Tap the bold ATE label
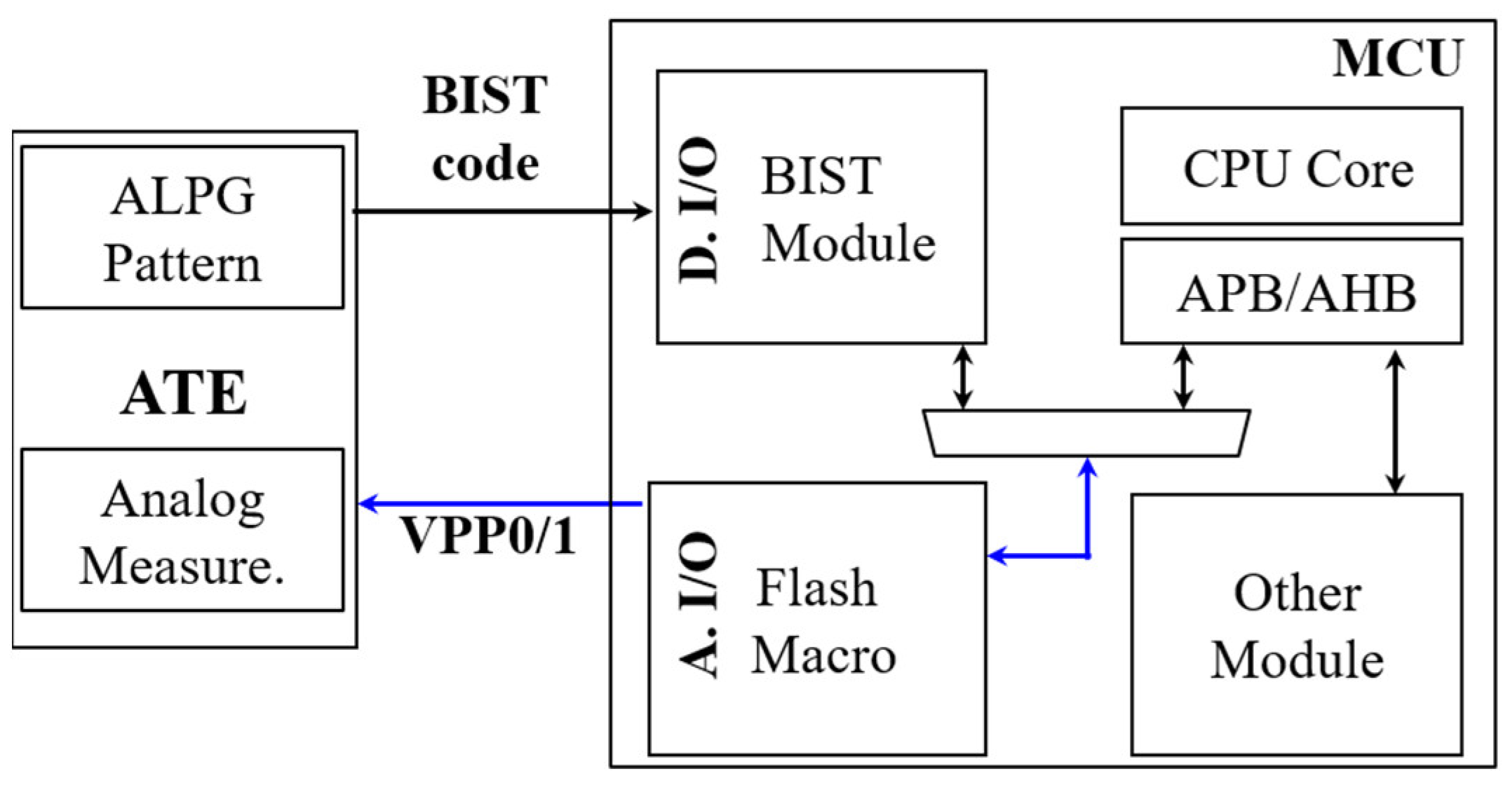point(184,394)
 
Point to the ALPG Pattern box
point(182,228)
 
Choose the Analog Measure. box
point(182,531)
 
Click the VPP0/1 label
point(487,536)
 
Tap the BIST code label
point(485,130)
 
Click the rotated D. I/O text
point(699,210)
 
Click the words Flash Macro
point(821,621)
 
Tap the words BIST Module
point(845,210)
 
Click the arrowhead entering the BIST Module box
point(642,211)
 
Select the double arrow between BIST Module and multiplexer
point(963,378)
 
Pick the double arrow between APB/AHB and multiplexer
point(1183,378)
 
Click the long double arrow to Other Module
point(1395,421)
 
